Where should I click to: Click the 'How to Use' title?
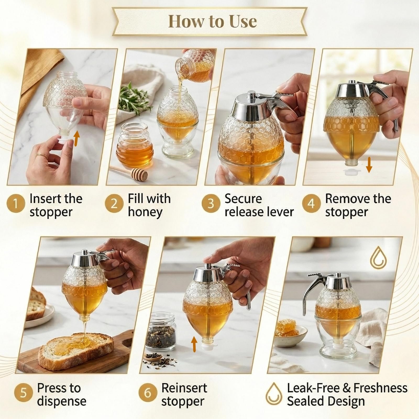[212, 21]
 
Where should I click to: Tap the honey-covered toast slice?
[76, 348]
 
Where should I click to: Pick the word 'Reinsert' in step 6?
[184, 388]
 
